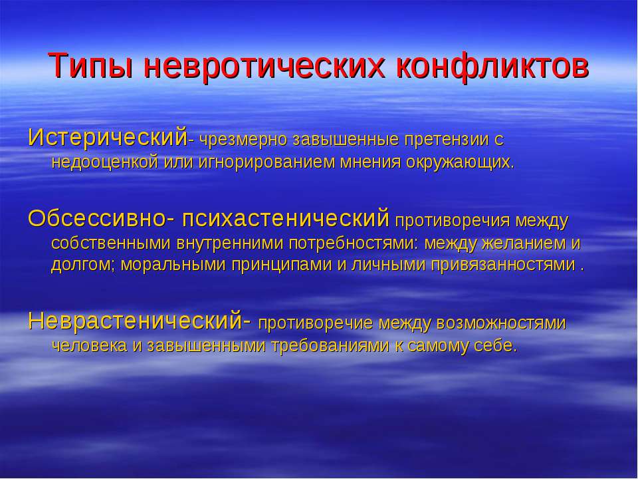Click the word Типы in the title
coord(92,65)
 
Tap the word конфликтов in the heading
coord(492,65)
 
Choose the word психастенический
coord(286,219)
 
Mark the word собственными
coord(111,243)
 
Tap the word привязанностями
coord(503,265)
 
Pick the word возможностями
coord(501,323)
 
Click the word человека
coord(90,346)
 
